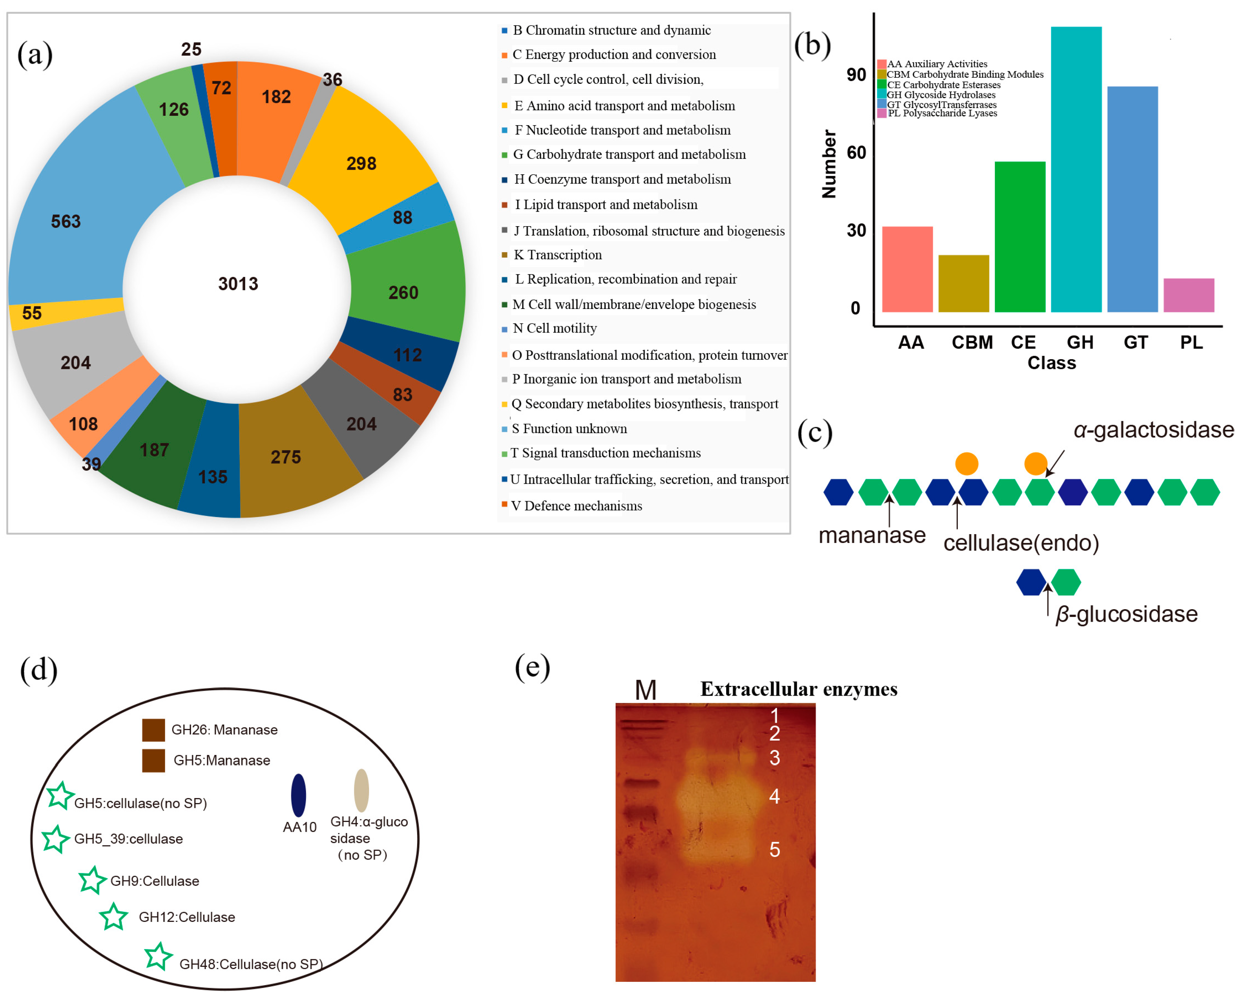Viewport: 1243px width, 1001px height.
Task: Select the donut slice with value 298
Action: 361,164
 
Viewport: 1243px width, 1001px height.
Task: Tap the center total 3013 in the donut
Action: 238,284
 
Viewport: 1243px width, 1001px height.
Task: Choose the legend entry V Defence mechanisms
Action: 577,506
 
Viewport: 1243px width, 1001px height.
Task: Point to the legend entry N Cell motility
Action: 554,329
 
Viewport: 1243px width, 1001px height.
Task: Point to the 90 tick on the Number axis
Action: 856,75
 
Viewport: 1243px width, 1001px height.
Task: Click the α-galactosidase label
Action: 1153,430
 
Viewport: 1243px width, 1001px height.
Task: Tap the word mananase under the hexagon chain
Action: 872,536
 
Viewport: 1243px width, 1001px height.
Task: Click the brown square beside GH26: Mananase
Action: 154,730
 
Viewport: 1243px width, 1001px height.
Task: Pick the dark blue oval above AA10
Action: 298,795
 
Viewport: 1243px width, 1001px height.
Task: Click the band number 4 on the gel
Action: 774,796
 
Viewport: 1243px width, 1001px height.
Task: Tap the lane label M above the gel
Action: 645,690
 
